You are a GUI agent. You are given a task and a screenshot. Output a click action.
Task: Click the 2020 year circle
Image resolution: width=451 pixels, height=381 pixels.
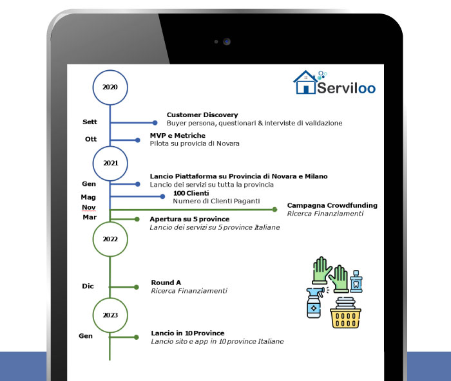pyautogui.click(x=110, y=70)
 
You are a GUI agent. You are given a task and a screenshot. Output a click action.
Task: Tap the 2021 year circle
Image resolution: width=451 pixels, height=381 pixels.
pyautogui.click(x=110, y=147)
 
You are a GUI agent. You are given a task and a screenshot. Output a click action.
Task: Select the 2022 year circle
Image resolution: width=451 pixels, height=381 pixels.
pyautogui.click(x=110, y=223)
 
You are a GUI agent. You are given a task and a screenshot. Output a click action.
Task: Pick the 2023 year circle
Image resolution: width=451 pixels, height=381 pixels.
pyautogui.click(x=110, y=298)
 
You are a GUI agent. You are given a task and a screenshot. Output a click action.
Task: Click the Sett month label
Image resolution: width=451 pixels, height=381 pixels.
pyautogui.click(x=90, y=122)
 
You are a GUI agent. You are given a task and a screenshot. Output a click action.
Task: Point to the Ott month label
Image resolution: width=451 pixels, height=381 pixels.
pyautogui.click(x=91, y=139)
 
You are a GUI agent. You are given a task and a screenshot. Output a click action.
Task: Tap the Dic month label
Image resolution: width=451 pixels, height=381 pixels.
pyautogui.click(x=88, y=286)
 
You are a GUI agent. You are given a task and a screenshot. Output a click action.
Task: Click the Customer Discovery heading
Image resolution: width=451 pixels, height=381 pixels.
pyautogui.click(x=202, y=115)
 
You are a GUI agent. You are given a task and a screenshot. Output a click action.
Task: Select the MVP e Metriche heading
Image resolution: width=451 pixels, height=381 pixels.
pyautogui.click(x=177, y=136)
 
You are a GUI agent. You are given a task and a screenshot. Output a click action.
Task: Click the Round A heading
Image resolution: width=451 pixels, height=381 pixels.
pyautogui.click(x=166, y=283)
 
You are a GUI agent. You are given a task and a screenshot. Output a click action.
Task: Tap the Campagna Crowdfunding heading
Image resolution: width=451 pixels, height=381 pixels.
pyautogui.click(x=332, y=205)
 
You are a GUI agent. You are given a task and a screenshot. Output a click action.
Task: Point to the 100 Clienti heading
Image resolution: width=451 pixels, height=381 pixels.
pyautogui.click(x=191, y=193)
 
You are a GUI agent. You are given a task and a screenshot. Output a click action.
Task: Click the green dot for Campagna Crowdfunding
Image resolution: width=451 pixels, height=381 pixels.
pyautogui.click(x=274, y=209)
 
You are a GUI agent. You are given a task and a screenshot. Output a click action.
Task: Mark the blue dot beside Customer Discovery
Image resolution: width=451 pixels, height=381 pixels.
pyautogui.click(x=155, y=123)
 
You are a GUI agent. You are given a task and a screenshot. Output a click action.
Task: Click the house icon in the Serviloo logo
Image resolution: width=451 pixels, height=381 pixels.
pyautogui.click(x=305, y=82)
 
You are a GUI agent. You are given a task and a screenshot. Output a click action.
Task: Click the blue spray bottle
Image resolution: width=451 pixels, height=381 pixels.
pyautogui.click(x=314, y=303)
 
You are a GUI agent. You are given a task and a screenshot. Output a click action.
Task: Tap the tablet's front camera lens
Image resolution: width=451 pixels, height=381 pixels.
pyautogui.click(x=227, y=42)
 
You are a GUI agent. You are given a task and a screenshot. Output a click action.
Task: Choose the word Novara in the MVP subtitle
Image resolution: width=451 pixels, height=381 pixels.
pyautogui.click(x=228, y=144)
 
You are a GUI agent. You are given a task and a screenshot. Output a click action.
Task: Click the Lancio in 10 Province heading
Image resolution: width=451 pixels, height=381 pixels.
pyautogui.click(x=187, y=333)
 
